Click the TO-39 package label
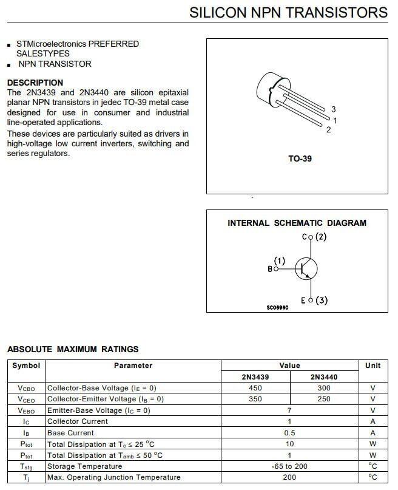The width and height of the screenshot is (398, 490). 300,159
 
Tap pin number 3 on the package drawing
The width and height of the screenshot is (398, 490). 333,109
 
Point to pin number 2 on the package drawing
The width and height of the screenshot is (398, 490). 328,130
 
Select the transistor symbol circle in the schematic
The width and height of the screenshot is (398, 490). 306,268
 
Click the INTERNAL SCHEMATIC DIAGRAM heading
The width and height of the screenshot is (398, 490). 297,223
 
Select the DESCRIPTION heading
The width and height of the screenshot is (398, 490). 35,83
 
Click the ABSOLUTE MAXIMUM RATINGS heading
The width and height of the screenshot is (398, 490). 73,349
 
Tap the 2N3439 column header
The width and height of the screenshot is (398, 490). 255,376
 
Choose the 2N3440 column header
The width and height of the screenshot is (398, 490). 324,376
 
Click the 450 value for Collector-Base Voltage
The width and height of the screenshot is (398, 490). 255,388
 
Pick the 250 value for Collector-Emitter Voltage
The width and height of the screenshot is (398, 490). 324,399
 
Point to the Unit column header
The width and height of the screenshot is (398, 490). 373,366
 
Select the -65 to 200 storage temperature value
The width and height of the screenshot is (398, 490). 289,466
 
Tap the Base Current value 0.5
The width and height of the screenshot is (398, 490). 289,433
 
